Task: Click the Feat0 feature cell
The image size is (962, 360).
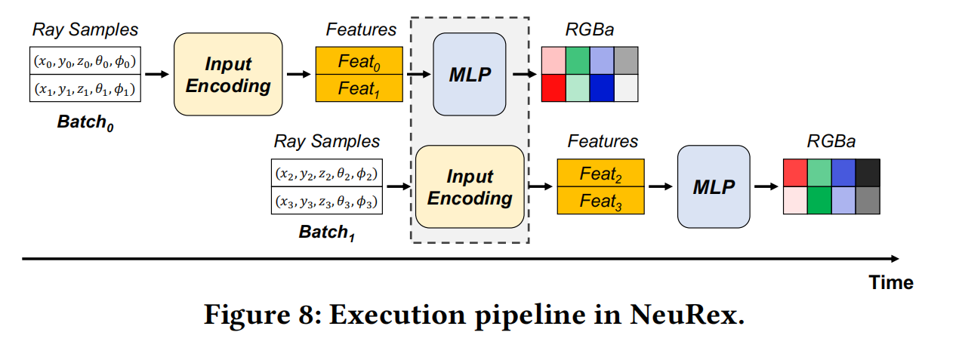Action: pyautogui.click(x=359, y=60)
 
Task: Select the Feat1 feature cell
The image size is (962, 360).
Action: pyautogui.click(x=359, y=88)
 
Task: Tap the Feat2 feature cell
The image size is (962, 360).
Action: pyautogui.click(x=601, y=173)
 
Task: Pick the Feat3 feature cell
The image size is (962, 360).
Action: pyautogui.click(x=601, y=201)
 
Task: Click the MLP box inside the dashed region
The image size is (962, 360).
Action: pyautogui.click(x=470, y=74)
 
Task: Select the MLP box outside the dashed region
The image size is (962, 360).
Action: pyautogui.click(x=714, y=186)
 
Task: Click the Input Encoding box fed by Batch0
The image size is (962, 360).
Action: pyautogui.click(x=228, y=74)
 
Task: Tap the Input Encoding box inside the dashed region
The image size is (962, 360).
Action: pyautogui.click(x=470, y=186)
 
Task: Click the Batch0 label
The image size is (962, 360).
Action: pyautogui.click(x=85, y=123)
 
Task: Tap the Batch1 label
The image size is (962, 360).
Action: pyautogui.click(x=327, y=232)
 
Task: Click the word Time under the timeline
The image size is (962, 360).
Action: pyautogui.click(x=891, y=283)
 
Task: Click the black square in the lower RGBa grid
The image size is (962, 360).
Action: pyautogui.click(x=868, y=173)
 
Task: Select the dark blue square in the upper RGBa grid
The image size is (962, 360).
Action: pyautogui.click(x=602, y=88)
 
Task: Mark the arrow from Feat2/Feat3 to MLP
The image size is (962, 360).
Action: pyautogui.click(x=661, y=186)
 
